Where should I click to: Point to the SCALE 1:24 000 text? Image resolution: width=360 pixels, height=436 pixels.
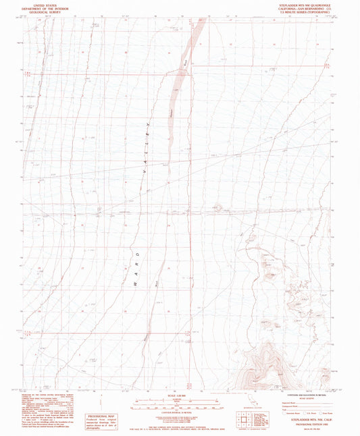180,394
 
